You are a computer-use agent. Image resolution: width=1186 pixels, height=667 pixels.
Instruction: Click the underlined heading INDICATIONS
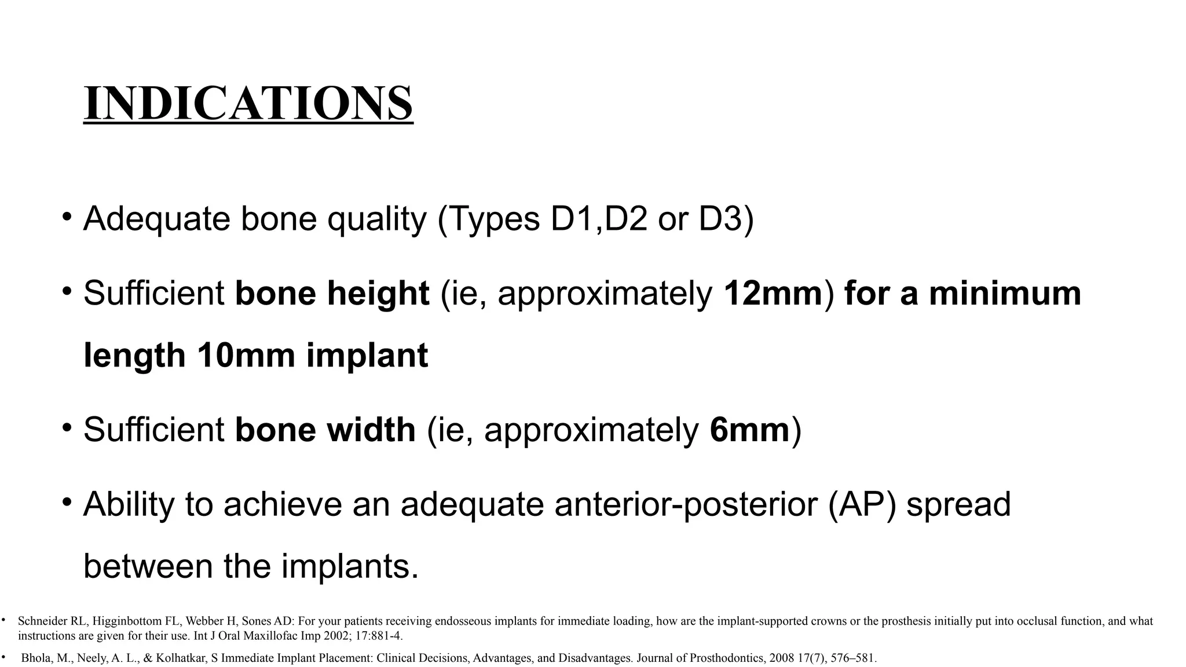click(248, 103)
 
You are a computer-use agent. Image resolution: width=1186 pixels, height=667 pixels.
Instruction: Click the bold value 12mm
click(773, 293)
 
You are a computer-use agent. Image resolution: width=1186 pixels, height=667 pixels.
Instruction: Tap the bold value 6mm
click(749, 430)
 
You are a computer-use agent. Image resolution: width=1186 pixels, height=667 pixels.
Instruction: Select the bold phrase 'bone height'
click(332, 293)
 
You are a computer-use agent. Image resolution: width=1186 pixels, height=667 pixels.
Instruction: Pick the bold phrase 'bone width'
click(325, 430)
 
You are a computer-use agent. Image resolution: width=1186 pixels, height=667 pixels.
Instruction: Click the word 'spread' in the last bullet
click(958, 504)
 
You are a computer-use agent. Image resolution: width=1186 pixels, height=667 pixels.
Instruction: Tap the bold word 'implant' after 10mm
click(367, 355)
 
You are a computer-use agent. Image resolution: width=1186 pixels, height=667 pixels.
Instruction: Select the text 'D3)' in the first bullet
click(726, 219)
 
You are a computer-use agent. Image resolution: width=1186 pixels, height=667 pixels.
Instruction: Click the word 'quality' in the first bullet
click(376, 219)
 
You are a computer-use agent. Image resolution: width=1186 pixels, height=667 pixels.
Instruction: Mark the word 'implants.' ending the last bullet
click(350, 566)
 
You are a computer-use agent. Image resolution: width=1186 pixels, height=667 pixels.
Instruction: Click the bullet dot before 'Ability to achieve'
click(68, 501)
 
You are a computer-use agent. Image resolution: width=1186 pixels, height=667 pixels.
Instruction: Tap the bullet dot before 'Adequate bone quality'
click(68, 216)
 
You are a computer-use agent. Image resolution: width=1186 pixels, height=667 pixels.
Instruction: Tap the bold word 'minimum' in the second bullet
click(1005, 293)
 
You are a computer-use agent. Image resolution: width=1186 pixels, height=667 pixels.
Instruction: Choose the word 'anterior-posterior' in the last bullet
click(686, 504)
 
